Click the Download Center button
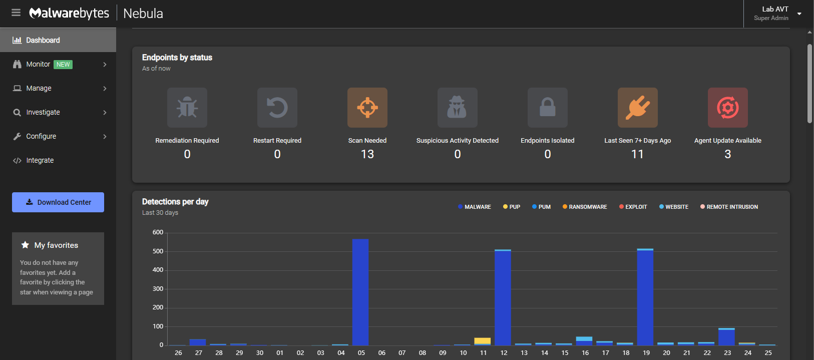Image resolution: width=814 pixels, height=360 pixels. click(58, 202)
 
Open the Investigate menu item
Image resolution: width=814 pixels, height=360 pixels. click(43, 112)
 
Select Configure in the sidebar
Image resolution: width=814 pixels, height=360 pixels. click(41, 136)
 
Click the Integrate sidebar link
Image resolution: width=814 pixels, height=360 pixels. click(40, 160)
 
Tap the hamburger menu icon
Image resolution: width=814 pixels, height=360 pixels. click(16, 13)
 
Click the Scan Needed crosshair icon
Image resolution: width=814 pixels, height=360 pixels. click(367, 108)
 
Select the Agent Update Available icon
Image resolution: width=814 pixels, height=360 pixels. click(727, 108)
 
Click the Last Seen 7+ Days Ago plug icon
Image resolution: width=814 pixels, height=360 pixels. click(637, 108)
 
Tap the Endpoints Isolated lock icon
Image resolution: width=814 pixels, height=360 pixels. click(547, 108)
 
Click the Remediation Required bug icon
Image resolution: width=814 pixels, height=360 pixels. click(187, 108)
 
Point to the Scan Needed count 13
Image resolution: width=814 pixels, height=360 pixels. click(367, 154)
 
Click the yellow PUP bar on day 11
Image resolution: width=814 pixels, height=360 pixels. click(483, 340)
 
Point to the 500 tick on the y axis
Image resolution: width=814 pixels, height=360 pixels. click(158, 251)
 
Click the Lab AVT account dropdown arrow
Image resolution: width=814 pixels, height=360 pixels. click(799, 14)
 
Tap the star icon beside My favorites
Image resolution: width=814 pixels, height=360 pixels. click(25, 245)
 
